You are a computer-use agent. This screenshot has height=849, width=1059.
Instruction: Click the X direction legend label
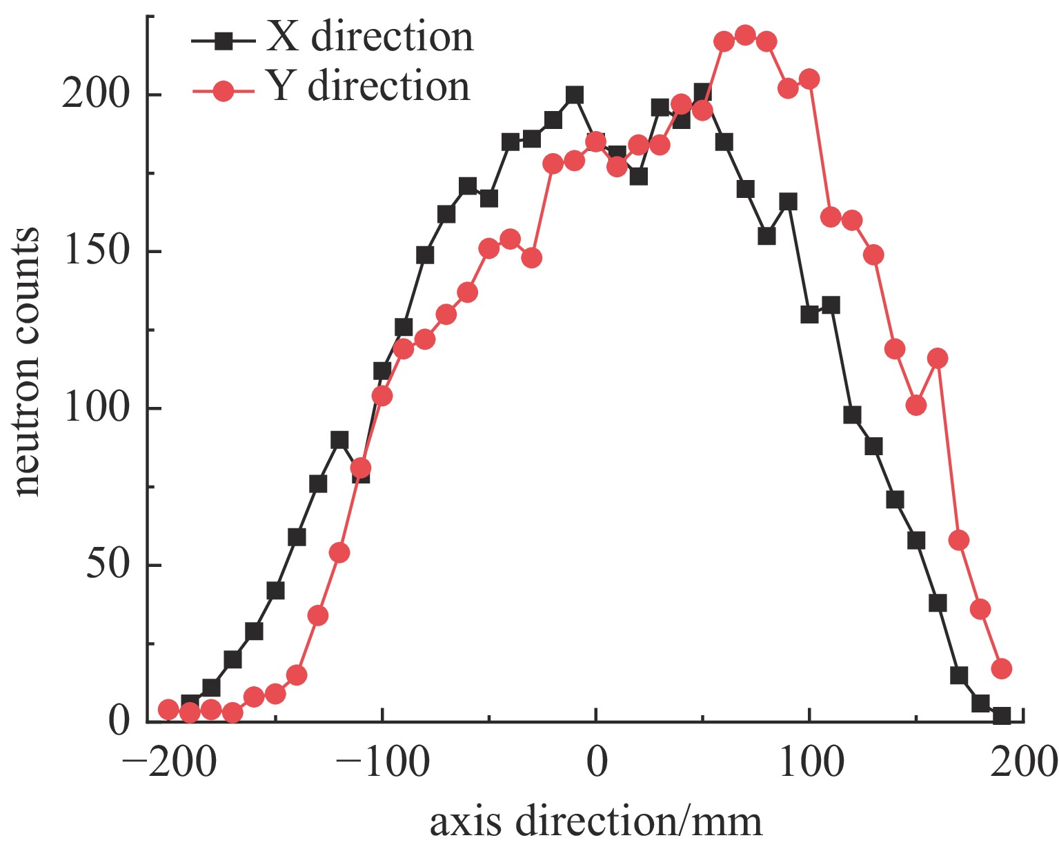point(370,37)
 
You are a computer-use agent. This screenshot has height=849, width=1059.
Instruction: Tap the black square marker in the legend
point(222,41)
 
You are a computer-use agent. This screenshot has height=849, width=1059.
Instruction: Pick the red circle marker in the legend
point(223,90)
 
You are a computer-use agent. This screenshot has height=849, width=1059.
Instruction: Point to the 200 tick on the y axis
point(97,94)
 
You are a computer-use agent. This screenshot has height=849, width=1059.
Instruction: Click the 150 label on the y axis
point(97,251)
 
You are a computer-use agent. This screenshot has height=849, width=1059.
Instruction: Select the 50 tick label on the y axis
point(108,565)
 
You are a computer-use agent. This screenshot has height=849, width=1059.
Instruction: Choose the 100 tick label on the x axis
point(810,763)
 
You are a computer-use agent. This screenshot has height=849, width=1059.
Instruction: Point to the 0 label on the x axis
point(596,763)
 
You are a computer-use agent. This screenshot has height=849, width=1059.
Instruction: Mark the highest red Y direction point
point(745,35)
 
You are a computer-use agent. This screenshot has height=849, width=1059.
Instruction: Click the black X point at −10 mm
point(575,94)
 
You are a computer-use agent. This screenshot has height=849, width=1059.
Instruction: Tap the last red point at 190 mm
point(1002,668)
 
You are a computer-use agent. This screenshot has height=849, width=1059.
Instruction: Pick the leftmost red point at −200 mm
point(168,709)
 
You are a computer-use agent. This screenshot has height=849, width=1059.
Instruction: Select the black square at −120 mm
point(339,440)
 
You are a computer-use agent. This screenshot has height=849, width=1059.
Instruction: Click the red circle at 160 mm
point(938,358)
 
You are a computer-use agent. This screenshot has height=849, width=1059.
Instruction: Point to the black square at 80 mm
point(766,236)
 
